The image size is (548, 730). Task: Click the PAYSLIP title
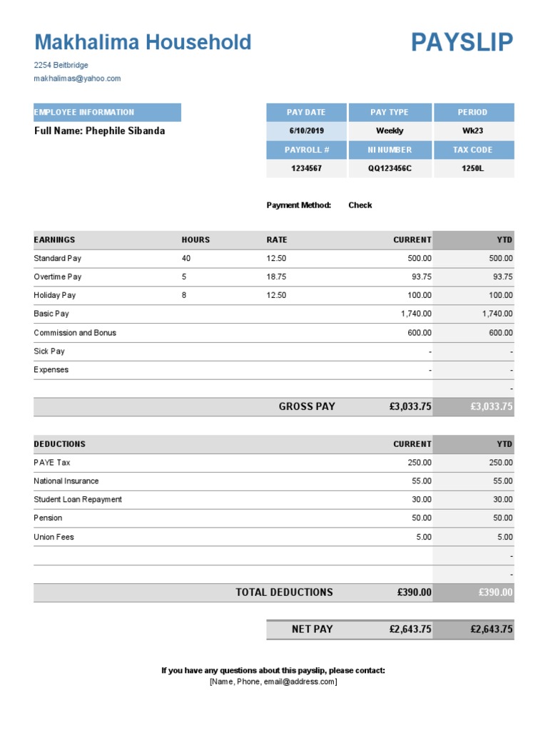click(x=462, y=43)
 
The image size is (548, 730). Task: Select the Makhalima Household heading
click(x=143, y=43)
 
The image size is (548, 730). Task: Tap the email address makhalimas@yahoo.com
click(x=77, y=78)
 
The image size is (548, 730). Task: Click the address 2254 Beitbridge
click(x=61, y=65)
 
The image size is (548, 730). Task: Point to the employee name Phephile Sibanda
click(x=125, y=131)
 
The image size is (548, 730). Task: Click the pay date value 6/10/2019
click(x=306, y=131)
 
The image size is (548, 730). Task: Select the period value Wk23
click(x=472, y=131)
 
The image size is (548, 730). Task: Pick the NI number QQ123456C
click(x=390, y=169)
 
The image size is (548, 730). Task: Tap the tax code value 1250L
click(x=472, y=169)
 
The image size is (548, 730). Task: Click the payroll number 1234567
click(x=306, y=169)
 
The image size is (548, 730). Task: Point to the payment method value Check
click(x=360, y=205)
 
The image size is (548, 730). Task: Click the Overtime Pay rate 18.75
click(x=276, y=277)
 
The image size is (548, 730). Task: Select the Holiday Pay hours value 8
click(x=184, y=295)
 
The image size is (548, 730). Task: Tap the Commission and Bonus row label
click(x=75, y=333)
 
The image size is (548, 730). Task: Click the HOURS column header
click(x=196, y=240)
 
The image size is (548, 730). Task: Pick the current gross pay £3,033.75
click(x=410, y=407)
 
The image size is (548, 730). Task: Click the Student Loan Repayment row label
click(x=78, y=500)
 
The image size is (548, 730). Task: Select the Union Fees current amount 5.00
click(x=424, y=537)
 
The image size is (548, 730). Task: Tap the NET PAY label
click(x=312, y=629)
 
